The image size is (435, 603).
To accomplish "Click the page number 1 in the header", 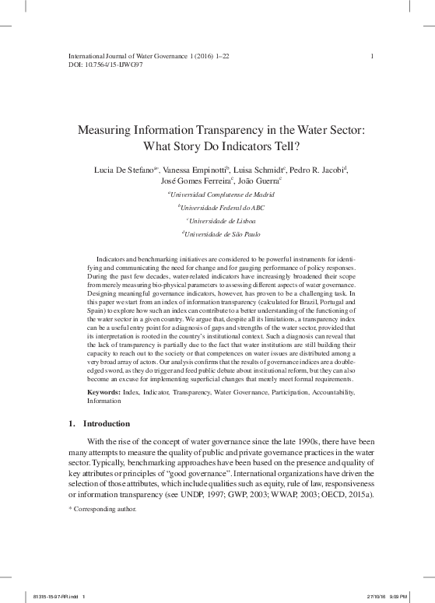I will pos(374,55).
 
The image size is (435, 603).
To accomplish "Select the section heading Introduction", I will pos(103,425).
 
